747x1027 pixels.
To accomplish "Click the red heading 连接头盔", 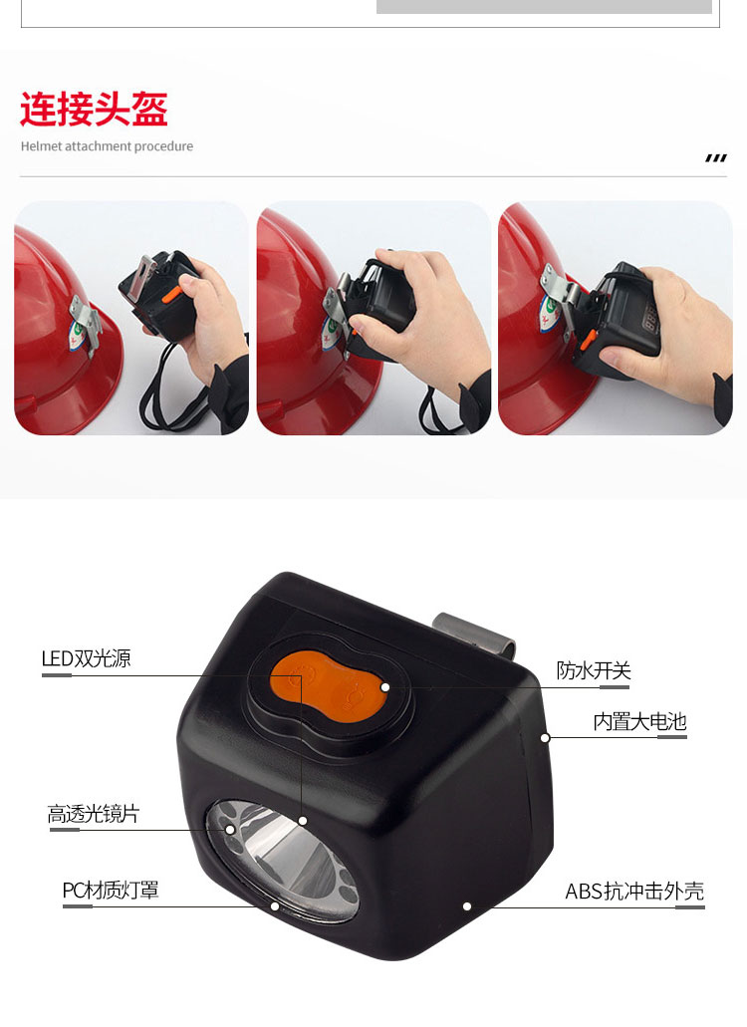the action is coord(95,109).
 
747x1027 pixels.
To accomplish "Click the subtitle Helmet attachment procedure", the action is coord(107,146).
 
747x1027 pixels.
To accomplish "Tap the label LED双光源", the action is coord(86,658).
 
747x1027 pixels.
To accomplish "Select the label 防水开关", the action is coord(594,670).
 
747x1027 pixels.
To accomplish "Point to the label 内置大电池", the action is coord(639,722).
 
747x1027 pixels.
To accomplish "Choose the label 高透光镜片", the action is coord(93,814).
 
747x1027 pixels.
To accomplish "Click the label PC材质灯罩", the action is coord(110,891).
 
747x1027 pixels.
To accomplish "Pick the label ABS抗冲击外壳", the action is coord(634,892).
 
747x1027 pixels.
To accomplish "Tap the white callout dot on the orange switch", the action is coord(385,687).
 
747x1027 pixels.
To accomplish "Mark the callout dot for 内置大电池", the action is coord(545,737).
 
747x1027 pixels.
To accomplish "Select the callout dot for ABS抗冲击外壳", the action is coord(467,906).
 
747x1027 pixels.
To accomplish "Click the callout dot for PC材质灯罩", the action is coord(275,906).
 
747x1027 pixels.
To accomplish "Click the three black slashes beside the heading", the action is coord(716,157).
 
